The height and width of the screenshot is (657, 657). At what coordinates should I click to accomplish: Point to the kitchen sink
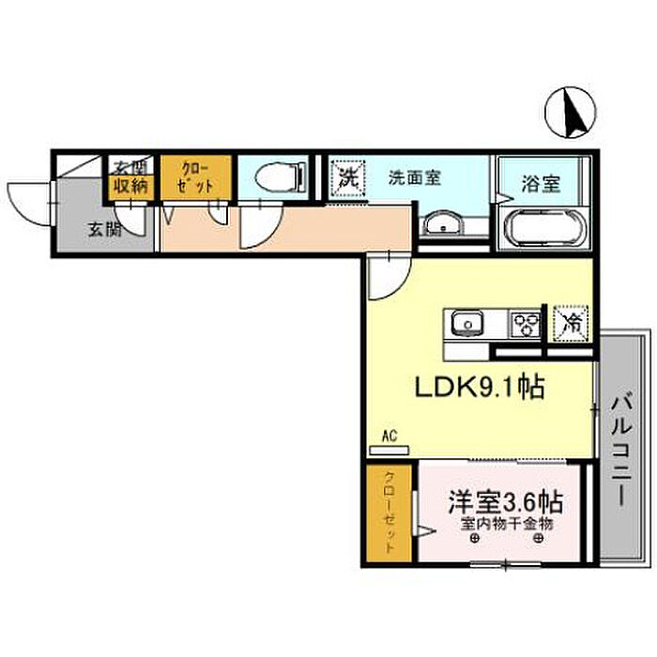coord(466,325)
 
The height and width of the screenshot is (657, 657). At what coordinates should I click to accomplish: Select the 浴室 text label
coord(541,182)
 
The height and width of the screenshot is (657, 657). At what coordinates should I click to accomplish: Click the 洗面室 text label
coord(415,176)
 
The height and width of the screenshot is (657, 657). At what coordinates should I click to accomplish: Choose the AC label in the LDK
coord(390,435)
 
